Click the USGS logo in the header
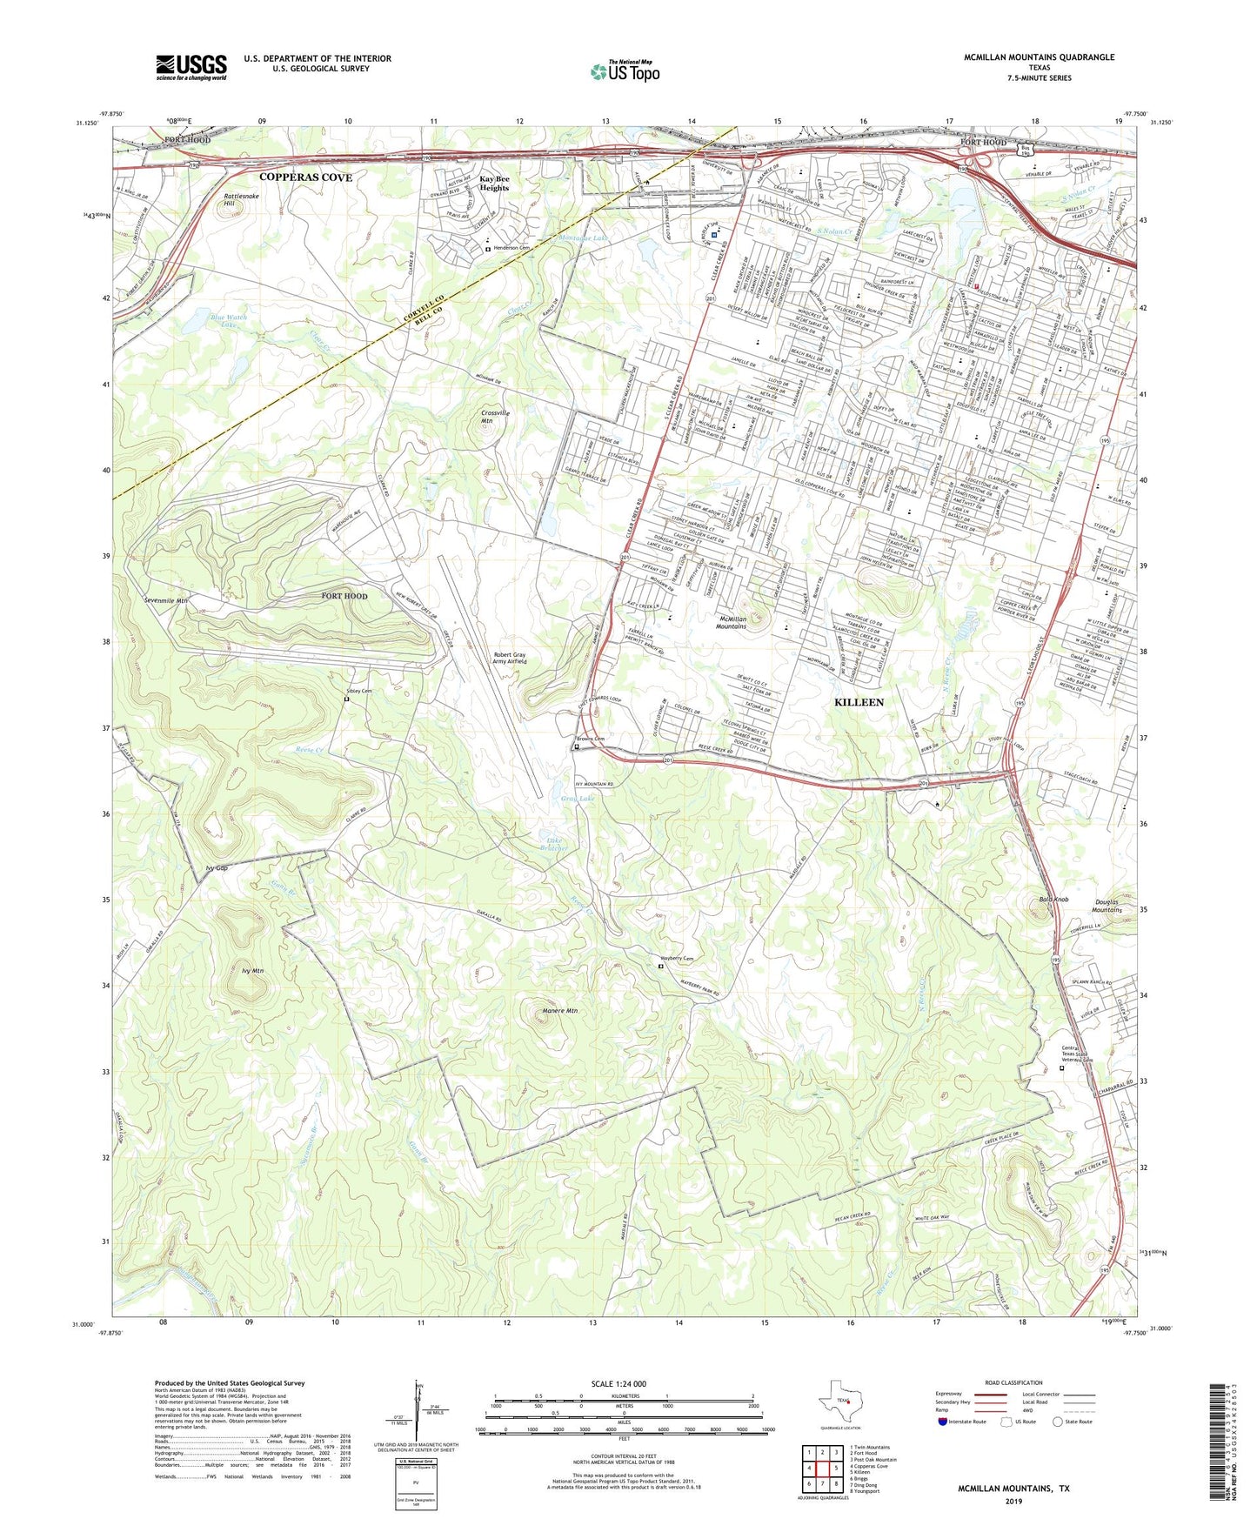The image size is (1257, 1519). [191, 67]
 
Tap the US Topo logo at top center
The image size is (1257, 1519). [624, 71]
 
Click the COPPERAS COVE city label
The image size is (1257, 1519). [306, 177]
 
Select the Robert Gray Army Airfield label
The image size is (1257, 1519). [522, 658]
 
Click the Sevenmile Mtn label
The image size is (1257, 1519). [165, 600]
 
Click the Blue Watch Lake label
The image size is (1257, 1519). [229, 321]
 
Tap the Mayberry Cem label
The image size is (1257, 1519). [676, 959]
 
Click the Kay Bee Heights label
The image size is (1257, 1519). [494, 184]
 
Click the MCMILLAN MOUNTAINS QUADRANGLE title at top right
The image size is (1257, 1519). [1039, 57]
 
